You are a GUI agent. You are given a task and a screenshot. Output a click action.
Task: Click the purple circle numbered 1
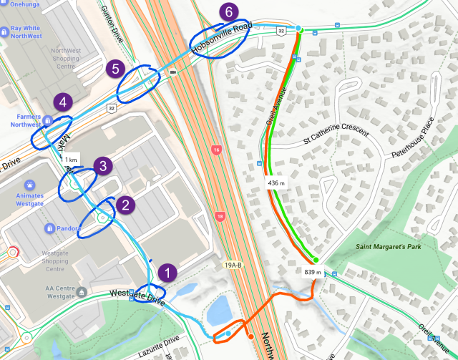[167, 273]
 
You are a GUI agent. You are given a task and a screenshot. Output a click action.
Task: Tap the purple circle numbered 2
[126, 205]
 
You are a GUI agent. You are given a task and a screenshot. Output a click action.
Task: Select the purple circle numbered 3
[103, 167]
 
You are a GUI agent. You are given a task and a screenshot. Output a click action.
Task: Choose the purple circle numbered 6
[228, 12]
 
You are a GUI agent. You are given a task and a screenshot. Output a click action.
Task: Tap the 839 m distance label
[313, 273]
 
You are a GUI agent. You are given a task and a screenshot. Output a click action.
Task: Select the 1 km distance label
[70, 159]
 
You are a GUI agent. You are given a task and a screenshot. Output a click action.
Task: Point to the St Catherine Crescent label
[336, 135]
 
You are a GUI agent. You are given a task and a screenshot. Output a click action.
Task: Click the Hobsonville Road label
[222, 38]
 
